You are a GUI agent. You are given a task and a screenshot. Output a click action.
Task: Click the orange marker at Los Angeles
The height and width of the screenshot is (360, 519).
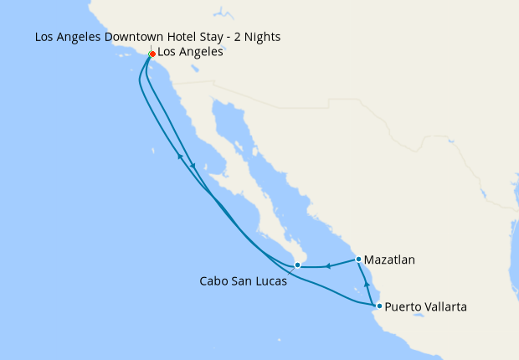pyautogui.click(x=152, y=54)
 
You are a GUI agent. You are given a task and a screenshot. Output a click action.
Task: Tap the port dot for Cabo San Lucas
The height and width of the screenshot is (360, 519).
pyautogui.click(x=297, y=265)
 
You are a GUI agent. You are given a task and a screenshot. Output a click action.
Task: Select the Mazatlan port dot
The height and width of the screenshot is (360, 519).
pyautogui.click(x=358, y=259)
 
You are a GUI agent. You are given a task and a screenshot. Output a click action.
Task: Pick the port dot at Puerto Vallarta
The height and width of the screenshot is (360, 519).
pyautogui.click(x=379, y=306)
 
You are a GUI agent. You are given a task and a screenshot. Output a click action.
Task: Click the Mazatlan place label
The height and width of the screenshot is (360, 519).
pyautogui.click(x=390, y=260)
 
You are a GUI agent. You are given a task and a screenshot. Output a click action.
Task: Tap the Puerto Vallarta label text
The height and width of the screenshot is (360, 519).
pyautogui.click(x=426, y=307)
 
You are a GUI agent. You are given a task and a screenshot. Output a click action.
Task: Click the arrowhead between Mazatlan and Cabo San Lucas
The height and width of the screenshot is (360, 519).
pyautogui.click(x=329, y=267)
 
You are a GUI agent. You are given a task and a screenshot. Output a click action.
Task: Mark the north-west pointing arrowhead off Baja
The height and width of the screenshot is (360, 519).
pyautogui.click(x=179, y=157)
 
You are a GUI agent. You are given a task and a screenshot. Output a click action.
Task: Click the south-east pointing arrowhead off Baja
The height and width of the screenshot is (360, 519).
pyautogui.click(x=194, y=165)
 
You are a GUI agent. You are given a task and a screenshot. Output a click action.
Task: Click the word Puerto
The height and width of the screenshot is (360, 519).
pyautogui.click(x=403, y=307)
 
